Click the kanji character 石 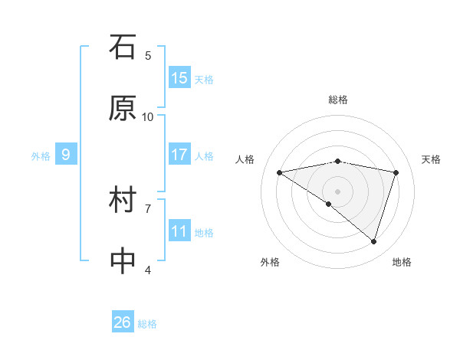(123, 47)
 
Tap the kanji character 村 (123, 201)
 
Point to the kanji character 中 (123, 261)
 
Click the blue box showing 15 (179, 78)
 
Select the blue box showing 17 (179, 155)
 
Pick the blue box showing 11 (179, 231)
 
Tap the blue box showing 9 (66, 155)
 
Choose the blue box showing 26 (123, 322)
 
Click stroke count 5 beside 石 (148, 55)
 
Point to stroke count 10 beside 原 (148, 116)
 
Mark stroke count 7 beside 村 (148, 208)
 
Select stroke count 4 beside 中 (148, 270)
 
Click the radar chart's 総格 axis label (338, 100)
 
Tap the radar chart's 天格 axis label (432, 159)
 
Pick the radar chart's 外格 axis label (270, 262)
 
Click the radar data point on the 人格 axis (280, 172)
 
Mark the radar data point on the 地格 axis (373, 241)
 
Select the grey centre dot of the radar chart (337, 191)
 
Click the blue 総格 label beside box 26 (147, 324)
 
